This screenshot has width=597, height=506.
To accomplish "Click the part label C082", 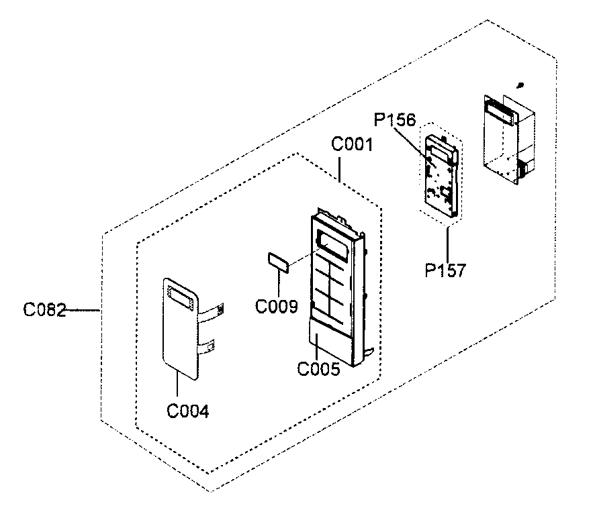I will [44, 310].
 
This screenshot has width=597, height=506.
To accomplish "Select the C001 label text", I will [353, 145].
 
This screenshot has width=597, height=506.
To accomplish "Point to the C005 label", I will [318, 368].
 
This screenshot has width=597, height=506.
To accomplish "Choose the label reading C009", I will [276, 307].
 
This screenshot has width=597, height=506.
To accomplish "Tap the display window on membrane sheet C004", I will [179, 295].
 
